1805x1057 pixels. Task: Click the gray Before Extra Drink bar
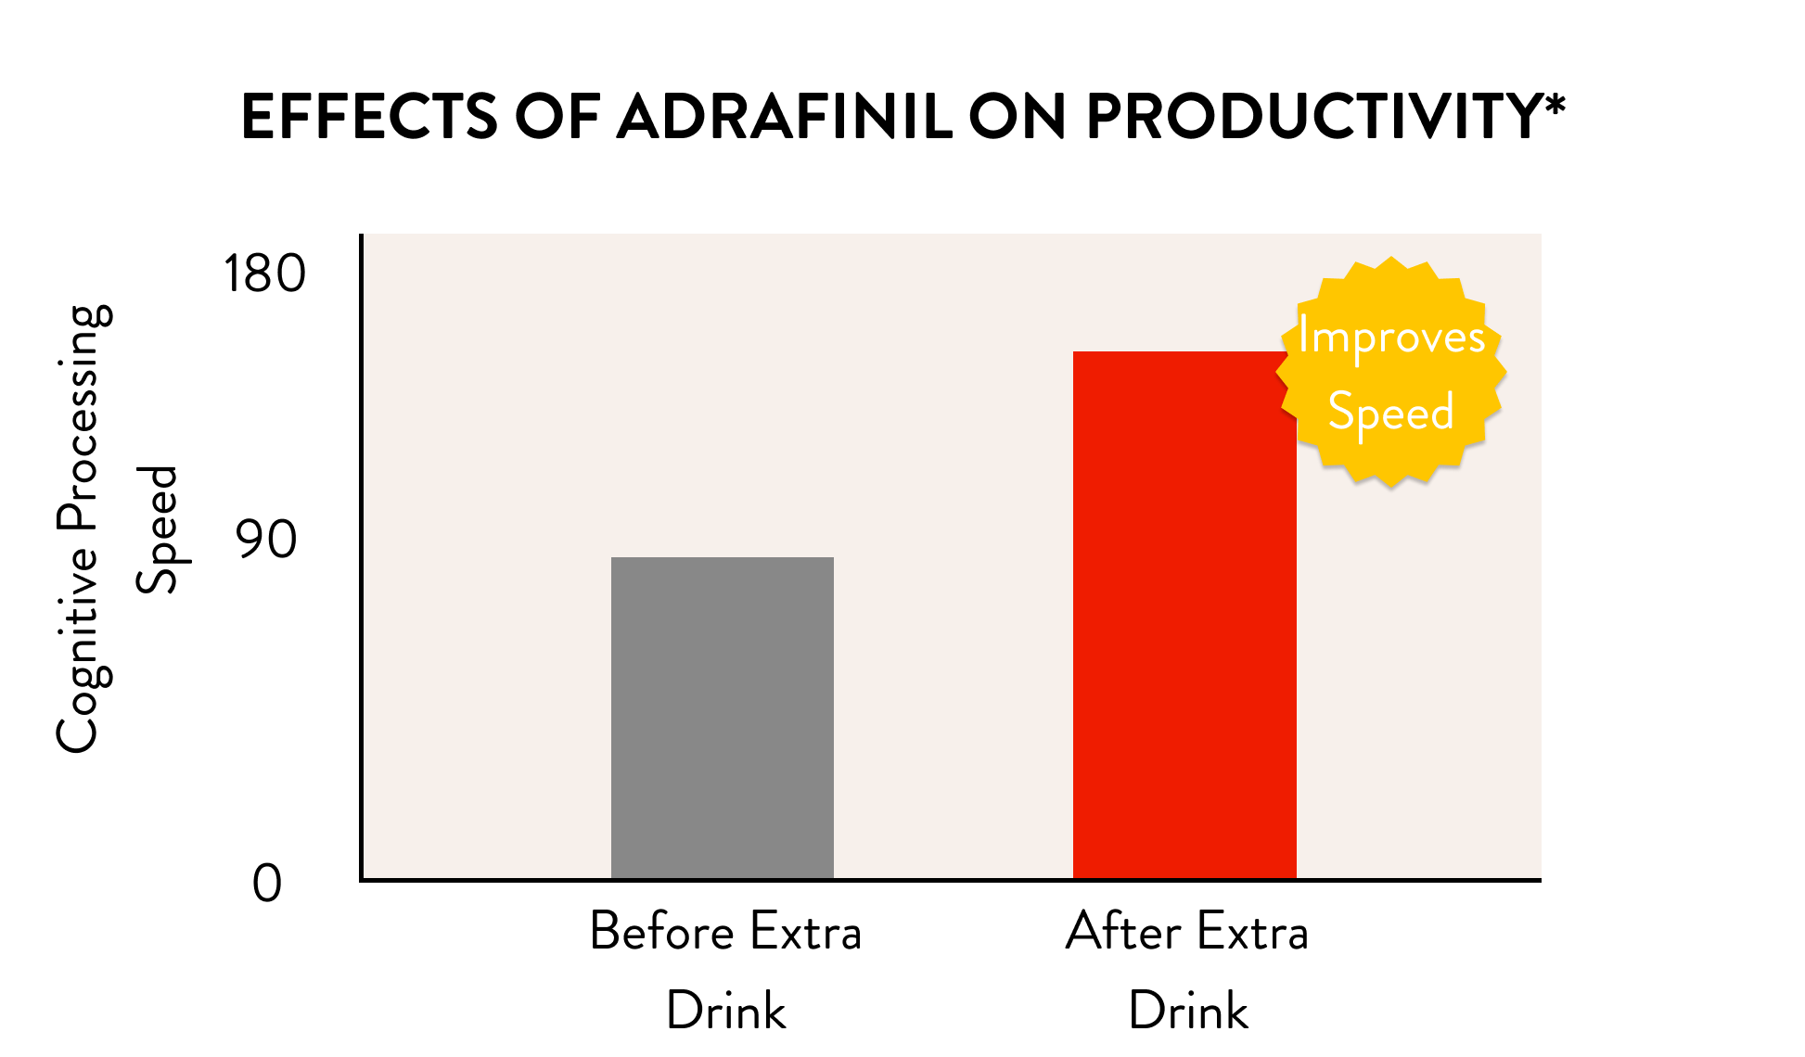(x=723, y=718)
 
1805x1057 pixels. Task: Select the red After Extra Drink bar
(x=1184, y=615)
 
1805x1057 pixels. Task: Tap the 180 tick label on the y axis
(x=264, y=274)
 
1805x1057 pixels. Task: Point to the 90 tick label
(x=267, y=540)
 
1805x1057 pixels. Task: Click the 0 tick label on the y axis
(x=267, y=884)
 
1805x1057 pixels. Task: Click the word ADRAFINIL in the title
(x=785, y=118)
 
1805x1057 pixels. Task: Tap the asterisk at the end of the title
(x=1555, y=105)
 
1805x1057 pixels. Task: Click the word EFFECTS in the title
(x=369, y=118)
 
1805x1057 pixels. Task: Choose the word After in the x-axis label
(x=1123, y=932)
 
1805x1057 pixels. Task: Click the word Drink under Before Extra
(x=726, y=1011)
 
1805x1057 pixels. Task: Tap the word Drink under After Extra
(x=1188, y=1011)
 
